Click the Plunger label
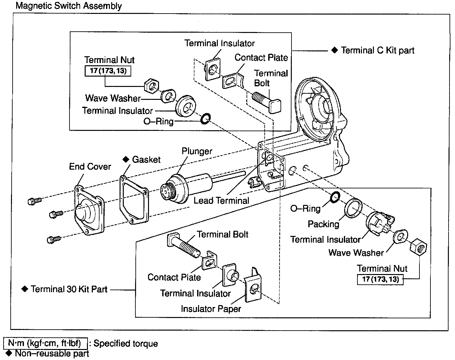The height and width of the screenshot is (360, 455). point(197,151)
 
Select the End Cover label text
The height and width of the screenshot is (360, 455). point(90,166)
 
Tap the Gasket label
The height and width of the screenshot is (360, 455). point(146,159)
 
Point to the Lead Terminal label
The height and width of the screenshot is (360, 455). point(221,200)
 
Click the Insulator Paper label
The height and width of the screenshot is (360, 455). point(211,309)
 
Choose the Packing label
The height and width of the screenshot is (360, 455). point(323,224)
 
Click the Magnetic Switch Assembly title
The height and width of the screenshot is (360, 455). point(69,6)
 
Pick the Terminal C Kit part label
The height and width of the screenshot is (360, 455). point(377,50)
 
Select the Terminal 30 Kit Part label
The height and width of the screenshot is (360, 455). point(69,289)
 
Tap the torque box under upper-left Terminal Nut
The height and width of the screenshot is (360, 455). point(108,71)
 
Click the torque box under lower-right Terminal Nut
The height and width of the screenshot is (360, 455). point(380,279)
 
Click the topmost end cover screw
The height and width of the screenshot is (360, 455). point(34,201)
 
